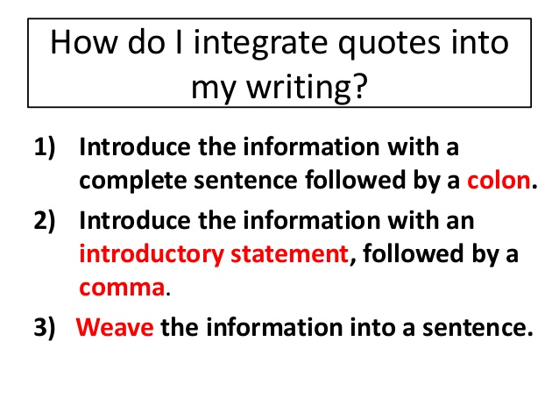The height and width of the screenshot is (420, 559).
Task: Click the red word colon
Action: (499, 181)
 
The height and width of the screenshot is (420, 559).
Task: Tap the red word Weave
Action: (115, 327)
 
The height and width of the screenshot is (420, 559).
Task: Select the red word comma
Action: (122, 288)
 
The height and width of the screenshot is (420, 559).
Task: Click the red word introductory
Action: (152, 254)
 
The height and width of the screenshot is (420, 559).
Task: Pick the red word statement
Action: (289, 254)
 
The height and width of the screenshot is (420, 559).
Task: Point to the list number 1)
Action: (45, 147)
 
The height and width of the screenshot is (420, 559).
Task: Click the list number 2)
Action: (45, 221)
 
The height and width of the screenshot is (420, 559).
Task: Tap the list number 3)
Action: (45, 327)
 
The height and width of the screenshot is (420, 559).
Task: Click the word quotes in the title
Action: (389, 44)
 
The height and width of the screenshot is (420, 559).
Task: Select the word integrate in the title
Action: (260, 44)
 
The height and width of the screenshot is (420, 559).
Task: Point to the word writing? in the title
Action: (307, 88)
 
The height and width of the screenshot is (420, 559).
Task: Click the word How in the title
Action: (84, 43)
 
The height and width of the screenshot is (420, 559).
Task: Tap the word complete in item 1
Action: (133, 182)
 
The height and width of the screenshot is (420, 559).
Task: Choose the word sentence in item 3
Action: (478, 328)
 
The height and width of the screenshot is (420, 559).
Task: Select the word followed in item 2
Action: (414, 253)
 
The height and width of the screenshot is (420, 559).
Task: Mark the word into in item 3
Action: (372, 327)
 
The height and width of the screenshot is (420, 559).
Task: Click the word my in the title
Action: (213, 89)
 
